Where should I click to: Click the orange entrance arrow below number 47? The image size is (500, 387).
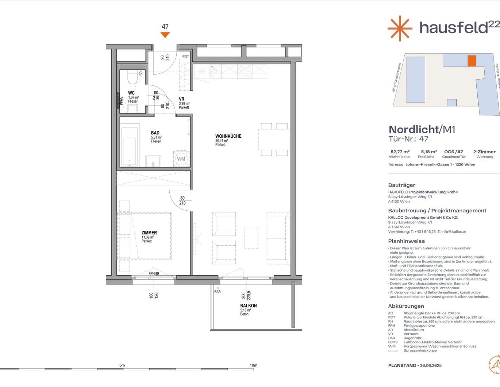coord(165,35)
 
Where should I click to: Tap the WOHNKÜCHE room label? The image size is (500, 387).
coord(228,136)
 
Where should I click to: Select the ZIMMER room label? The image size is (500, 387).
coord(149,233)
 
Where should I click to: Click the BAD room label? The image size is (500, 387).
coord(155,133)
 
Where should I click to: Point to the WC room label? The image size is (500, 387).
coord(131,93)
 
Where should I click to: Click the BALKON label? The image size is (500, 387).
coord(248,306)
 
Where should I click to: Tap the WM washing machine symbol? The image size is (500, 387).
coord(181,159)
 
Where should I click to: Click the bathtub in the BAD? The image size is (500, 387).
coord(130,146)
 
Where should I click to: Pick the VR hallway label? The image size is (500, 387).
coord(181,99)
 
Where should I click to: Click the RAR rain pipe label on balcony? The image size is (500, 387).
coord(218,292)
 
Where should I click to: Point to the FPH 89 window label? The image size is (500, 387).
coord(154,273)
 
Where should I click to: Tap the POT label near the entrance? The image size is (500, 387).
coord(186,57)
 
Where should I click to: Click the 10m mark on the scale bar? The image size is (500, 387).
coord(253,365)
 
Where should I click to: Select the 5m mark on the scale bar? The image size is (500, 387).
coord(122,365)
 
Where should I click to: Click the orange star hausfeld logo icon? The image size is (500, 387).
coord(400,28)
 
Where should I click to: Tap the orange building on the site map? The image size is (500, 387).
coord(472,61)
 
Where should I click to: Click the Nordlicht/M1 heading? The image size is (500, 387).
coord(422,129)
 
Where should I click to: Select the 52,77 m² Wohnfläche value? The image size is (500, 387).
coord(400,152)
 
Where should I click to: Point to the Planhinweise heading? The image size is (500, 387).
coord(406,241)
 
